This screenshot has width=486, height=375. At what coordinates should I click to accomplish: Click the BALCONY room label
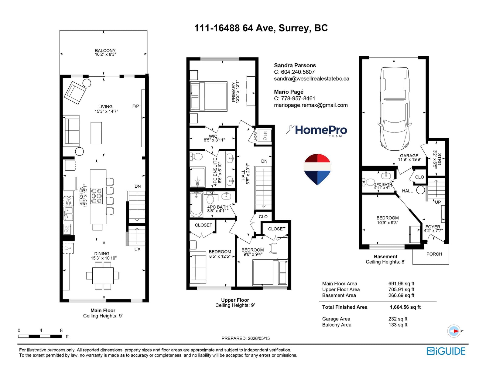coord(105,51)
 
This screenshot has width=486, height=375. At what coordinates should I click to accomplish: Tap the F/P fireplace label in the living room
coord(135,106)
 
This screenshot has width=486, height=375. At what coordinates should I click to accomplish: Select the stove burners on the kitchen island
coord(96,196)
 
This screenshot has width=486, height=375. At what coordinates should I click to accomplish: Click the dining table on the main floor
coord(103,276)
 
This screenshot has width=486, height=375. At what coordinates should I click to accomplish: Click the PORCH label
coord(434,254)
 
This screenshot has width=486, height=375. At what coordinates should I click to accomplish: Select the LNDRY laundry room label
coord(255,136)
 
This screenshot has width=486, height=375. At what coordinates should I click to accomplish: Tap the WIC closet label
coord(213,136)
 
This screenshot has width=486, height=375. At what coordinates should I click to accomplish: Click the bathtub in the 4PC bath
coord(196,205)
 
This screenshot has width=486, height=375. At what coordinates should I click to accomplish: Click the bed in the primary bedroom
coord(208,96)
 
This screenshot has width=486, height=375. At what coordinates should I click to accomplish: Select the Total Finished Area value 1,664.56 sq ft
coord(405,307)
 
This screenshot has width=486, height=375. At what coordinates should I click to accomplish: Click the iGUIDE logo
coord(446,351)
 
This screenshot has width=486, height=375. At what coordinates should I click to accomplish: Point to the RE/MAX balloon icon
coord(317,169)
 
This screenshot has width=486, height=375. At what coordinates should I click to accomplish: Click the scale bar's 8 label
coord(61,330)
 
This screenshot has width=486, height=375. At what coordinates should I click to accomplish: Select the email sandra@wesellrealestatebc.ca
coord(312,79)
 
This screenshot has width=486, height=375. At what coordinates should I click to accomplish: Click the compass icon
coord(453,331)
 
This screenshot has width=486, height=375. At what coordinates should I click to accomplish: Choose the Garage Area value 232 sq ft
coord(398,319)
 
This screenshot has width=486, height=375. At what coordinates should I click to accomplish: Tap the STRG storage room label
coord(439,159)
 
